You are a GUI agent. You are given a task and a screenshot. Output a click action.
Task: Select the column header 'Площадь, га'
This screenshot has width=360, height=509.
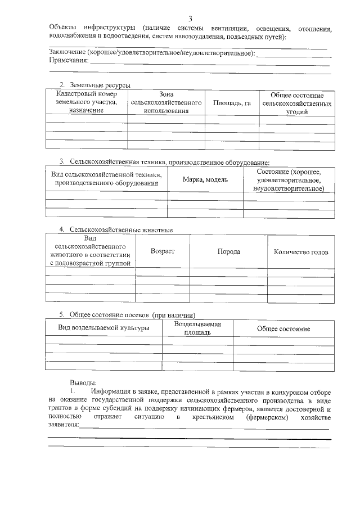pyautogui.click(x=232, y=103)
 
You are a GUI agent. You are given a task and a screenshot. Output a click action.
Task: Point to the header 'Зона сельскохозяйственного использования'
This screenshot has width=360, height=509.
pyautogui.click(x=166, y=102)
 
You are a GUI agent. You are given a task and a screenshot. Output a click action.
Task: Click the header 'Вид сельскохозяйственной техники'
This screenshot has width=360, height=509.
pyautogui.click(x=106, y=179)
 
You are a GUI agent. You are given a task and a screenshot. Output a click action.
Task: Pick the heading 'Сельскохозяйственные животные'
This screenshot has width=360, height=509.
pyautogui.click(x=121, y=229)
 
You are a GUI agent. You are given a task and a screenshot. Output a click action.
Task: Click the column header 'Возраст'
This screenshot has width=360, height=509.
pyautogui.click(x=163, y=251)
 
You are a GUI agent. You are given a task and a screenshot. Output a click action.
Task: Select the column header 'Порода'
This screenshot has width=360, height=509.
pyautogui.click(x=228, y=251)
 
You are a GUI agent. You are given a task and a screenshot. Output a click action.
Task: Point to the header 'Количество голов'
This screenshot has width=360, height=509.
pyautogui.click(x=300, y=252)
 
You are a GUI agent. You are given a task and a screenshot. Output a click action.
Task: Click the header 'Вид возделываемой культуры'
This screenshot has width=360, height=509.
pyautogui.click(x=104, y=328)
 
